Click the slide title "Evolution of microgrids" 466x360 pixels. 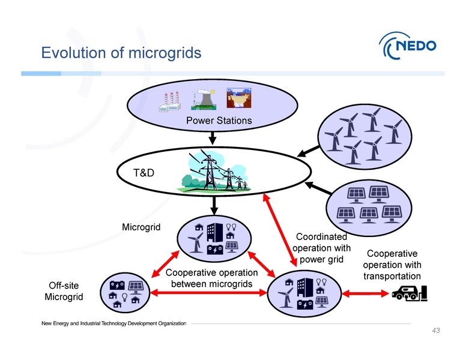coord(121,53)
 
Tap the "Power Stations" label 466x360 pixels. coord(219,121)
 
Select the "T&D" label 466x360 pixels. coord(145,173)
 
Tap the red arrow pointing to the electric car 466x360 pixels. coord(366,293)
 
